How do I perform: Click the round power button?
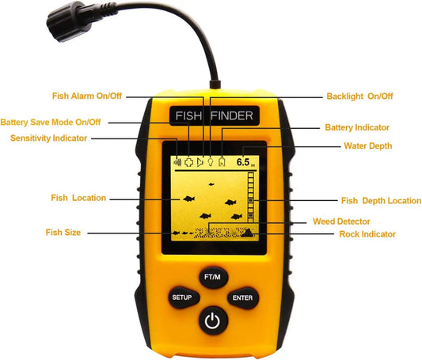(x=211, y=321)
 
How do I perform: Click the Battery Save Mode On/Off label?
(x=51, y=123)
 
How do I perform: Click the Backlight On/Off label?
(x=359, y=97)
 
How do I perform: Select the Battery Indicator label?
(x=357, y=127)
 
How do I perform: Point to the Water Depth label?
(x=368, y=146)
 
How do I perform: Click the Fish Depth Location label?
(x=381, y=201)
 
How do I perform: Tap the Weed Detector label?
(x=347, y=222)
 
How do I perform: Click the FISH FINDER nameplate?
(x=211, y=116)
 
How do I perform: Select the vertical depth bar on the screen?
(x=252, y=198)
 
